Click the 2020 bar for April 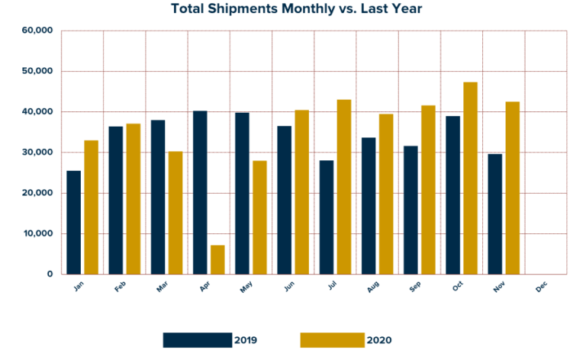pyautogui.click(x=217, y=259)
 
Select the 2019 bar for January pyautogui.click(x=73, y=222)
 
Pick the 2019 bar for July pyautogui.click(x=326, y=217)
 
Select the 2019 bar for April pyautogui.click(x=200, y=192)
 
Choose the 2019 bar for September pyautogui.click(x=411, y=210)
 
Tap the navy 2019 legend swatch pyautogui.click(x=197, y=339)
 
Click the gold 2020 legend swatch pyautogui.click(x=332, y=339)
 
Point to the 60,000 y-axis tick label pyautogui.click(x=37, y=31)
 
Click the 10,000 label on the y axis pyautogui.click(x=37, y=233)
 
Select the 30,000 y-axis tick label pyautogui.click(x=37, y=153)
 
